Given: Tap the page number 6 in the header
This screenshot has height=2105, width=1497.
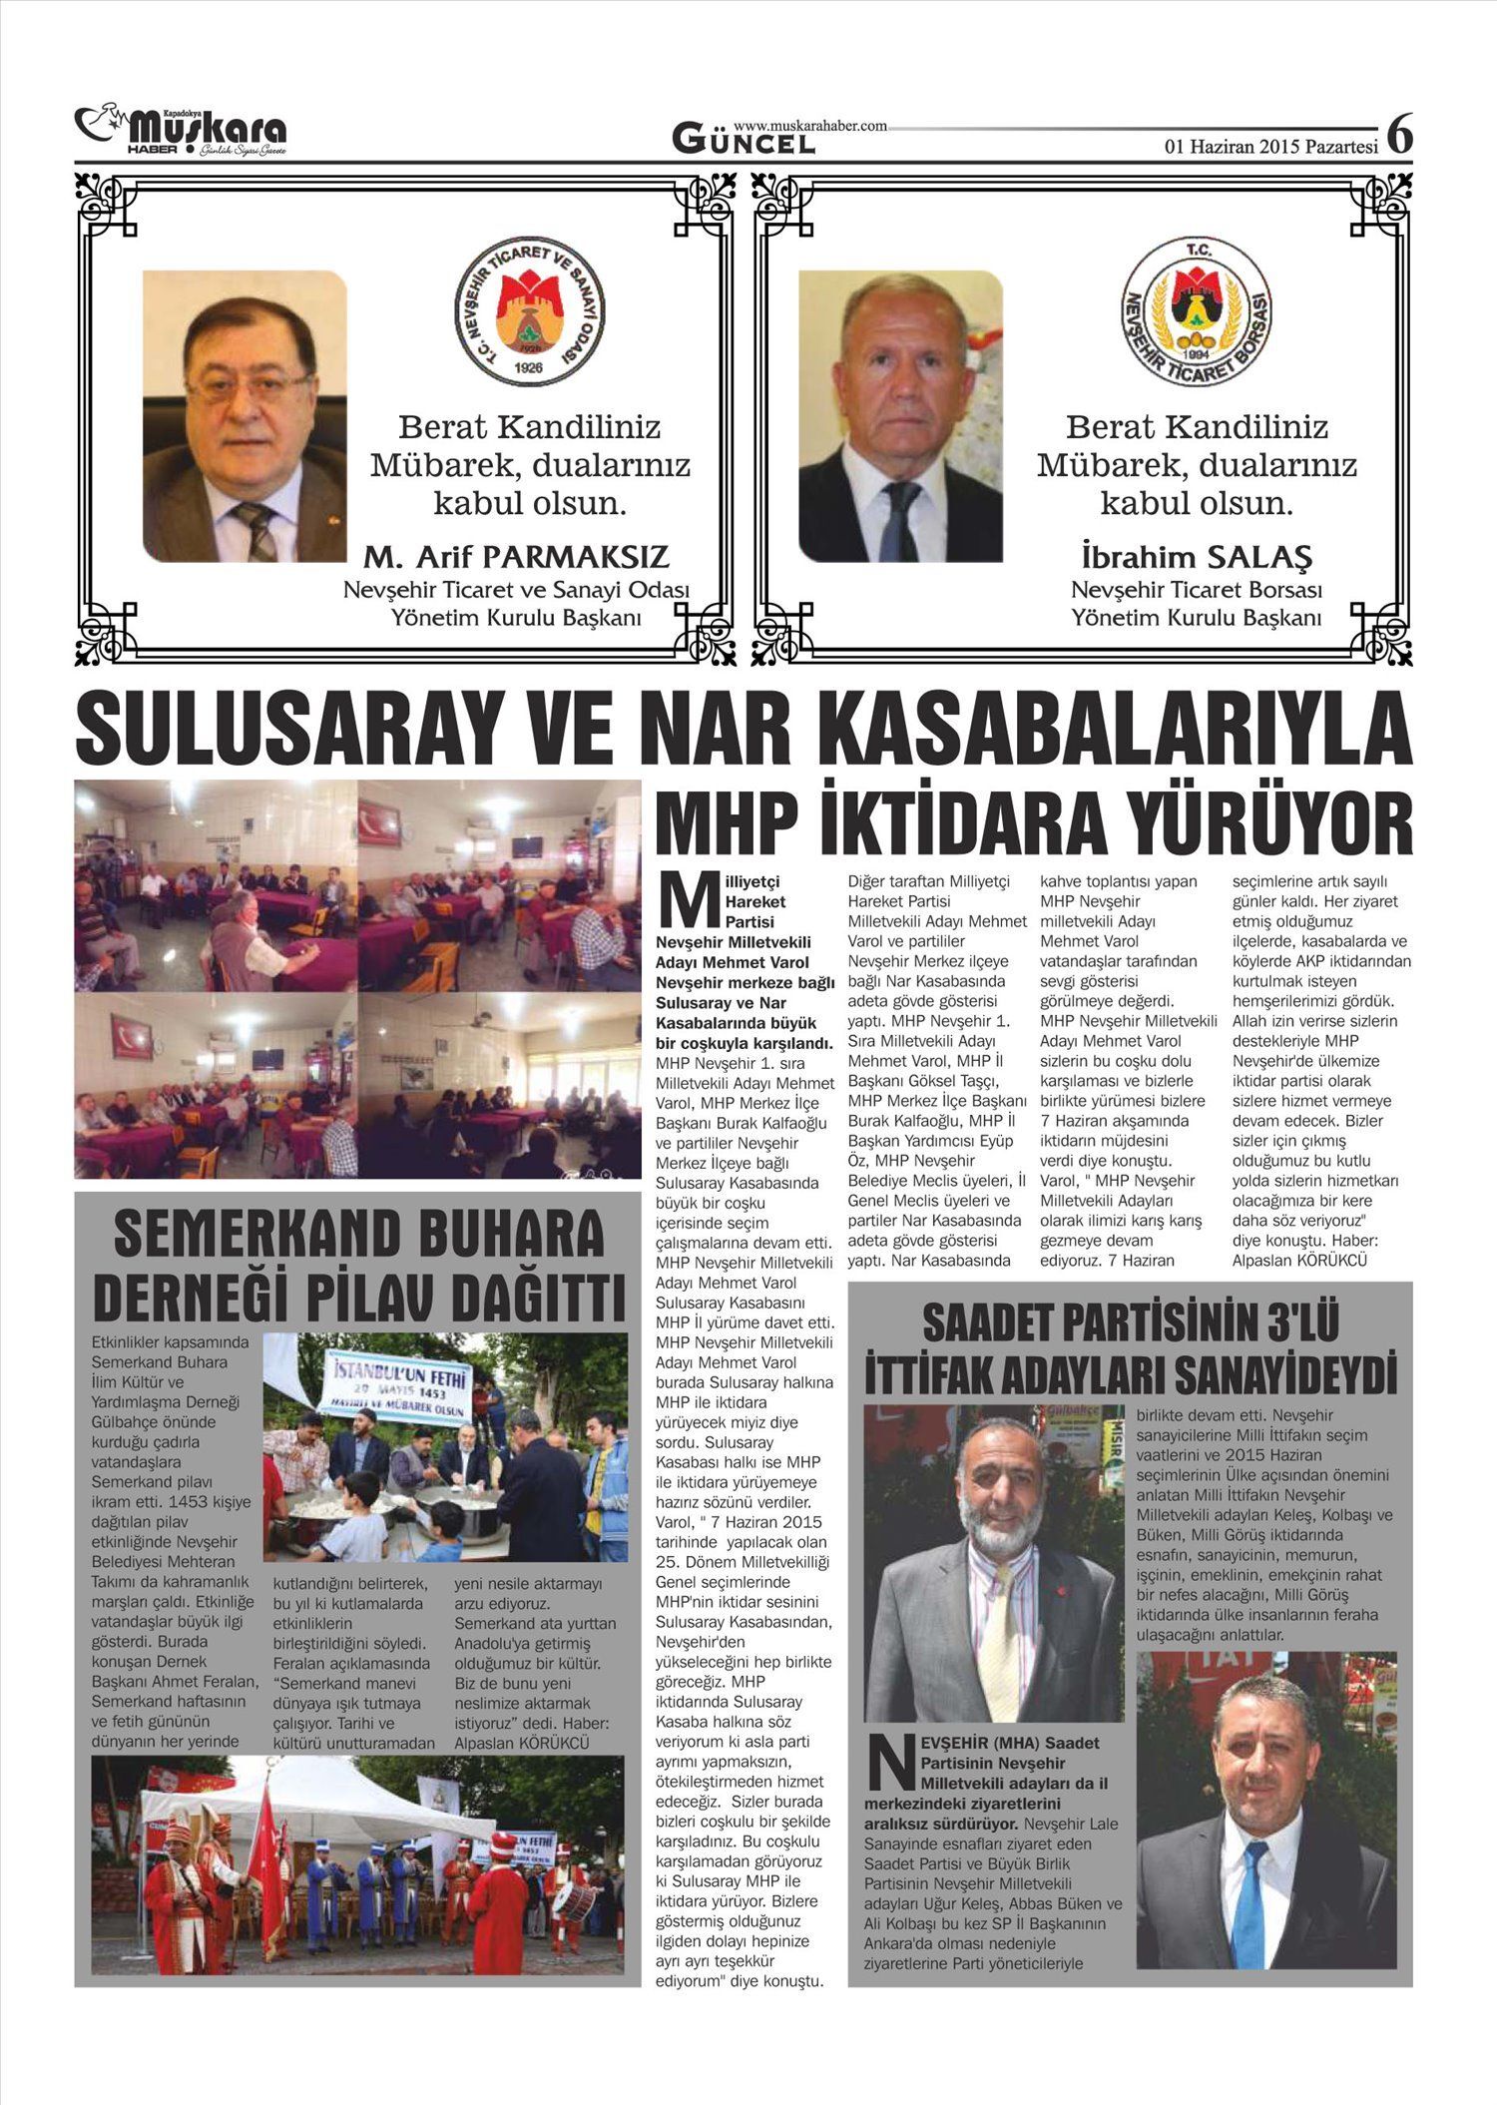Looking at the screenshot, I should pos(1400,134).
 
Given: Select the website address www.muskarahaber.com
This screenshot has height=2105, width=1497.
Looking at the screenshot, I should pos(809,126).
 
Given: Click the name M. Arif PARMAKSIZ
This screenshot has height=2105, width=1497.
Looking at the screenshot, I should pos(516,557).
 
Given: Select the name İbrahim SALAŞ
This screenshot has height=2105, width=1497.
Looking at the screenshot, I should pos(1196,557).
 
